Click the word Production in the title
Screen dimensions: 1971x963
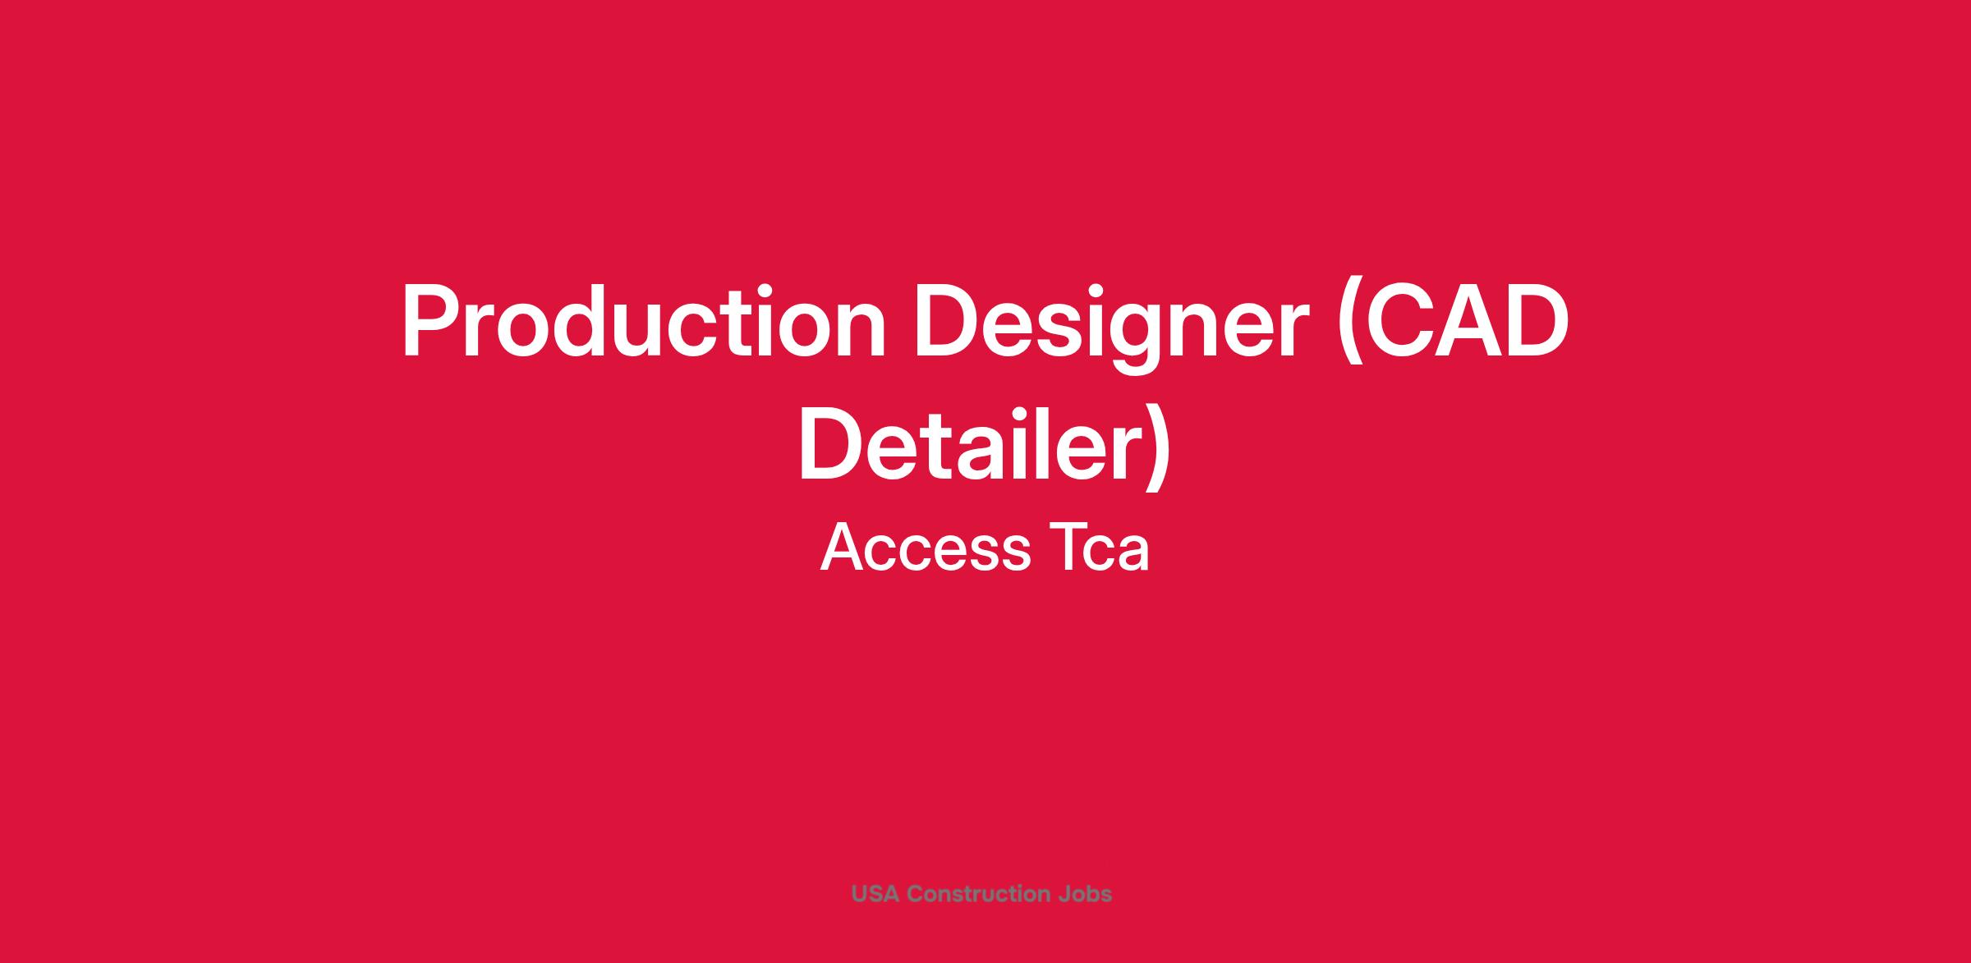point(643,321)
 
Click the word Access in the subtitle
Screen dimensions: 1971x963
point(925,548)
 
